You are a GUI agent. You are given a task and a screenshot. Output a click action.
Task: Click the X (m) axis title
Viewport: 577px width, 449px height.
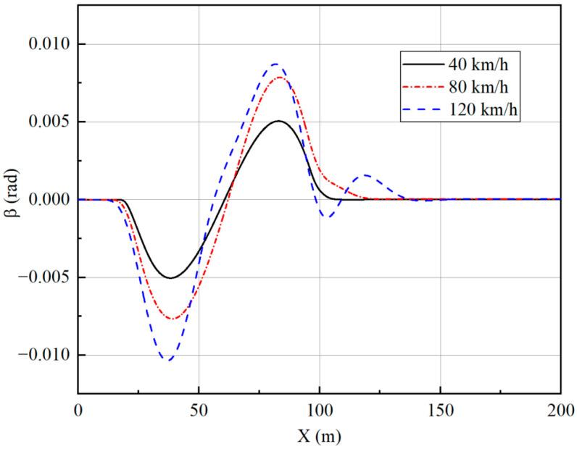tap(319, 436)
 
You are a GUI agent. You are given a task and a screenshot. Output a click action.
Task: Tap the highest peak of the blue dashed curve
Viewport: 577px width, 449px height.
tap(276, 64)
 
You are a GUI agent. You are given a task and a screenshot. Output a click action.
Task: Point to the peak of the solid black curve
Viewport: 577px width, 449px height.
tap(278, 121)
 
